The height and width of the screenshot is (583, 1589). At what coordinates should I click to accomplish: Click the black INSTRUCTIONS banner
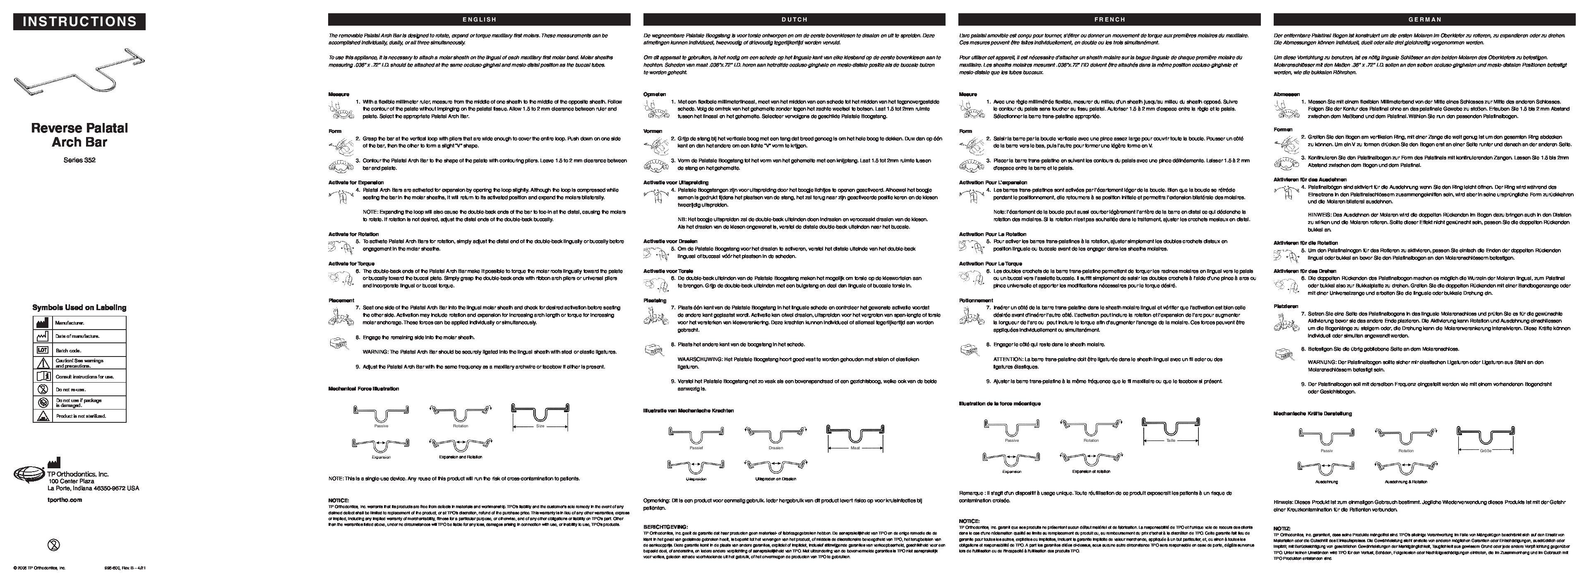79,22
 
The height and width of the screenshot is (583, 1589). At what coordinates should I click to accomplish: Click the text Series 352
79,160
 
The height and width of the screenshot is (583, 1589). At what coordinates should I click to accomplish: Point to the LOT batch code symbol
43,350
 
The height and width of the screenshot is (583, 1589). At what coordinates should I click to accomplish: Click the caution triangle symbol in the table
43,363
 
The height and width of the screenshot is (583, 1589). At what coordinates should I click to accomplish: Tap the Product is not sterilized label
81,417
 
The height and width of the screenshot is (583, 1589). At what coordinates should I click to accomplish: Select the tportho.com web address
64,500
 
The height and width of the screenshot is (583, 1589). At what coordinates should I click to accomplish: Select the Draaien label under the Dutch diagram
775,448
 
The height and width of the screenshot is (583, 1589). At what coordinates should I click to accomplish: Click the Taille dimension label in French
1170,441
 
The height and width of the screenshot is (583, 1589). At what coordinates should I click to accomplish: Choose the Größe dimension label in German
1486,451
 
